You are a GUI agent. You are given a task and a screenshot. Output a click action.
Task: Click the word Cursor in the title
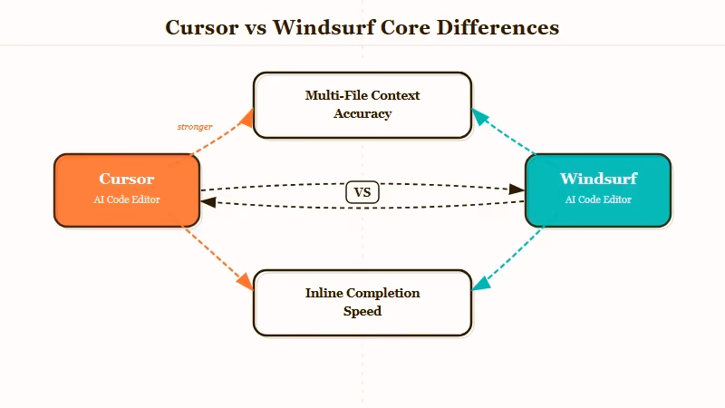[200, 27]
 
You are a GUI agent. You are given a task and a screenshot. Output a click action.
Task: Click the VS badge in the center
[362, 192]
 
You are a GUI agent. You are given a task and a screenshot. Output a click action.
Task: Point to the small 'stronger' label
[195, 127]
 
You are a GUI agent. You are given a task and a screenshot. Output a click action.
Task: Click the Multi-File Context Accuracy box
[362, 105]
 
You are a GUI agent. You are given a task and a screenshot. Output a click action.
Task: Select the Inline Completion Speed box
[362, 303]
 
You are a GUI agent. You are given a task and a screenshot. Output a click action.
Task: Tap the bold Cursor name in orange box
[127, 179]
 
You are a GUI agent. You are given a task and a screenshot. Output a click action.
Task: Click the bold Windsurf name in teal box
[598, 179]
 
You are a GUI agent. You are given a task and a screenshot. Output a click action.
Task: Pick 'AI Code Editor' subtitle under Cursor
[127, 199]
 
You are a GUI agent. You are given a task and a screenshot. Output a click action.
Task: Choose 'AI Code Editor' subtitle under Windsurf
[598, 199]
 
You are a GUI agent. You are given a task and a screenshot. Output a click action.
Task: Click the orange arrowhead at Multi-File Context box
[247, 116]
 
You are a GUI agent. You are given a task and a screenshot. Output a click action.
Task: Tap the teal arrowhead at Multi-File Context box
[478, 117]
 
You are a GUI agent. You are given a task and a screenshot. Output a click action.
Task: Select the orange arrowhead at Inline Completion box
[246, 283]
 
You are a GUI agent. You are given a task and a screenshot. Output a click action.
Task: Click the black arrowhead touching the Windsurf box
[517, 189]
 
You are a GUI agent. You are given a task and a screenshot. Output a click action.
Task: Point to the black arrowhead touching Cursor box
[208, 202]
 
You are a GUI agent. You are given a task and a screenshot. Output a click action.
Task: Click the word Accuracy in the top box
[362, 114]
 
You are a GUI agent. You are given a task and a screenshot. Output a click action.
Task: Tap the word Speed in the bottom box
[362, 312]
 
